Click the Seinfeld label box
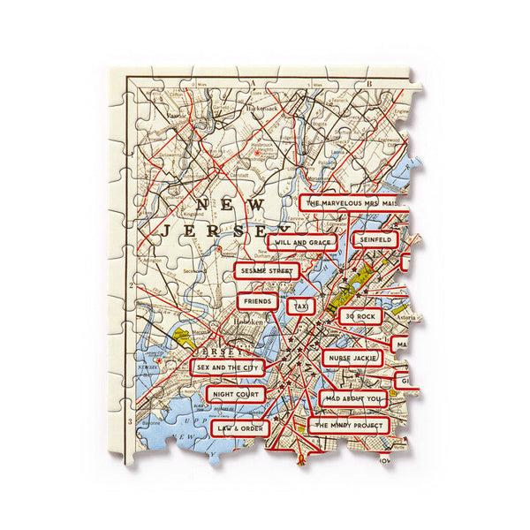pos(373,239)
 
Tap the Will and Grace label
pos(303,241)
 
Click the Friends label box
pos(259,301)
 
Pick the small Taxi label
pos(303,305)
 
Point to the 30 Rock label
pos(362,315)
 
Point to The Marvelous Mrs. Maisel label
pos(352,202)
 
